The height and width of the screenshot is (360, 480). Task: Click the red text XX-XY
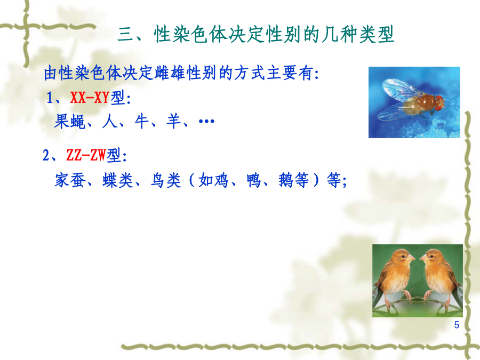click(90, 98)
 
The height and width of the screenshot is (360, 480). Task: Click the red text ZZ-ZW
click(86, 155)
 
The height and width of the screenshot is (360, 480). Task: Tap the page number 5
click(457, 325)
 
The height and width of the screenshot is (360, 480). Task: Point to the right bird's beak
click(423, 259)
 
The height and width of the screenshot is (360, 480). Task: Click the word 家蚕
click(70, 180)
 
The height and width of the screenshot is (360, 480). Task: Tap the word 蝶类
click(118, 180)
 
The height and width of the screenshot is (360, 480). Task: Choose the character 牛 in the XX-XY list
click(142, 122)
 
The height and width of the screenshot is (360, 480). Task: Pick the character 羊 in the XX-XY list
click(173, 122)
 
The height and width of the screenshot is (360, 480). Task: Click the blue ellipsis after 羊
click(206, 122)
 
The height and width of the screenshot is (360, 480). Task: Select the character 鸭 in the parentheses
click(254, 180)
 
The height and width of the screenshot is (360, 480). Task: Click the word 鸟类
click(166, 180)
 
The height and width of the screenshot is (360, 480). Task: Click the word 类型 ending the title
click(377, 34)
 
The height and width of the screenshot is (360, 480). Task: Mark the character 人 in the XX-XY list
click(109, 122)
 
